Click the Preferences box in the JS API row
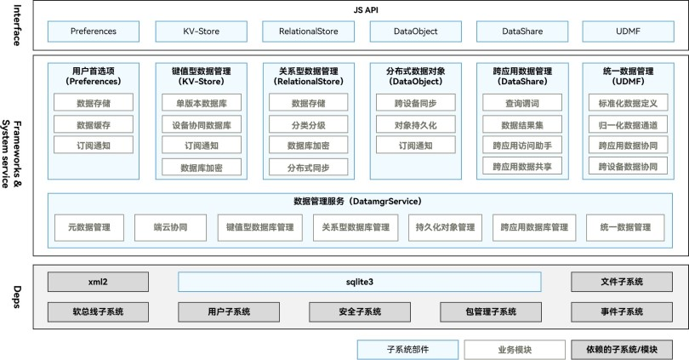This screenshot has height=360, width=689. [x=94, y=31]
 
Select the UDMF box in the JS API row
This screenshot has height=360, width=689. [x=629, y=31]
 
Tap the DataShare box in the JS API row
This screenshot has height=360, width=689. [x=521, y=31]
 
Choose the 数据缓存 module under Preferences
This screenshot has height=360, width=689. [x=94, y=124]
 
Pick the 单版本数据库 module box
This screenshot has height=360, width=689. [x=201, y=103]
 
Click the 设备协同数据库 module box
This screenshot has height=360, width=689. [x=201, y=124]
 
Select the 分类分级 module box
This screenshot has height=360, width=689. [x=308, y=124]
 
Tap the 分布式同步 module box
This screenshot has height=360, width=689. [x=308, y=167]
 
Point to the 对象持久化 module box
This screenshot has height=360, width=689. [x=415, y=124]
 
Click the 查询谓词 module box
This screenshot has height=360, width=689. [x=521, y=103]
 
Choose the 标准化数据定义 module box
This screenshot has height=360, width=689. [x=629, y=103]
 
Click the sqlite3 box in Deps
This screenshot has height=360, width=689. [x=360, y=282]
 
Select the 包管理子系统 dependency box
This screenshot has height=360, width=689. [x=491, y=311]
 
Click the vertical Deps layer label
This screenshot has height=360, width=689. [x=16, y=297]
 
